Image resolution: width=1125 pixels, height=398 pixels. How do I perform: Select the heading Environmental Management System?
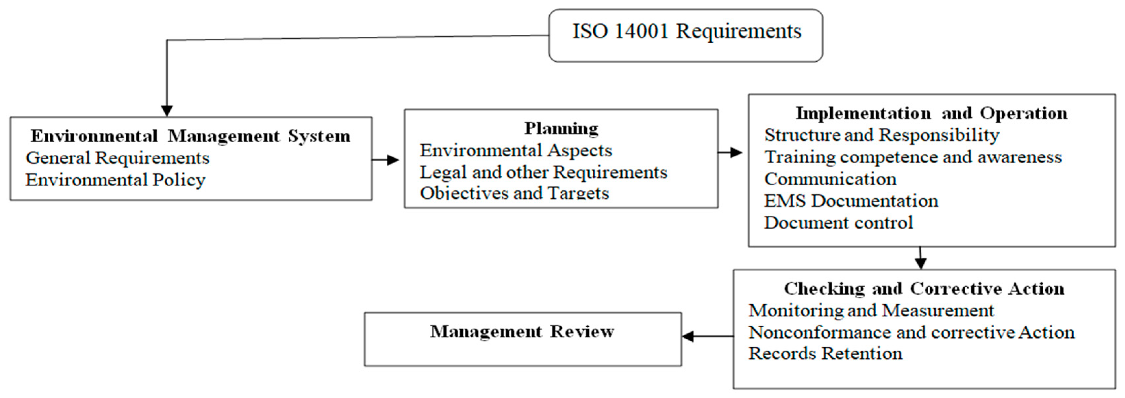tap(190, 136)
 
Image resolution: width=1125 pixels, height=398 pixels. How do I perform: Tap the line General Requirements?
tap(117, 158)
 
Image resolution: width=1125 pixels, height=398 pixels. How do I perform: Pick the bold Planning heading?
tap(561, 128)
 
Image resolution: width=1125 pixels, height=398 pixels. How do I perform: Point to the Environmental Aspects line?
tap(516, 151)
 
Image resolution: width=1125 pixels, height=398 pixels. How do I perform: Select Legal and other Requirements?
tap(543, 172)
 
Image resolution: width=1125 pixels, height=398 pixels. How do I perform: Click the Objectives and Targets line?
tap(514, 193)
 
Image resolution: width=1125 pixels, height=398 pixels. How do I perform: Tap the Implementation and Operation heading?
tap(931, 113)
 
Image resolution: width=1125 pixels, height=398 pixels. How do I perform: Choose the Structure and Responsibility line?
tap(881, 135)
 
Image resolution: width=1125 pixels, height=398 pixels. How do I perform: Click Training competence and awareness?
tap(913, 157)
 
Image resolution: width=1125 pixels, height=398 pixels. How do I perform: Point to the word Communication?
tap(830, 179)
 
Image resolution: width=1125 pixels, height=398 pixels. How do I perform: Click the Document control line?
tap(838, 223)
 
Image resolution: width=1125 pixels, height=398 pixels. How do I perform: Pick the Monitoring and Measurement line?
tap(871, 311)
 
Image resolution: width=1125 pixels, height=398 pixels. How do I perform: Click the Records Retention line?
tap(825, 354)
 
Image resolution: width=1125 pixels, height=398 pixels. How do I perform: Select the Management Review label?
tap(522, 332)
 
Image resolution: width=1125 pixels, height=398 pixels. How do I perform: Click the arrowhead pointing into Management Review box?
tap(688, 336)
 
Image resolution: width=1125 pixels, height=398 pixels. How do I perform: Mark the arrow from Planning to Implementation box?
tap(730, 152)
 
